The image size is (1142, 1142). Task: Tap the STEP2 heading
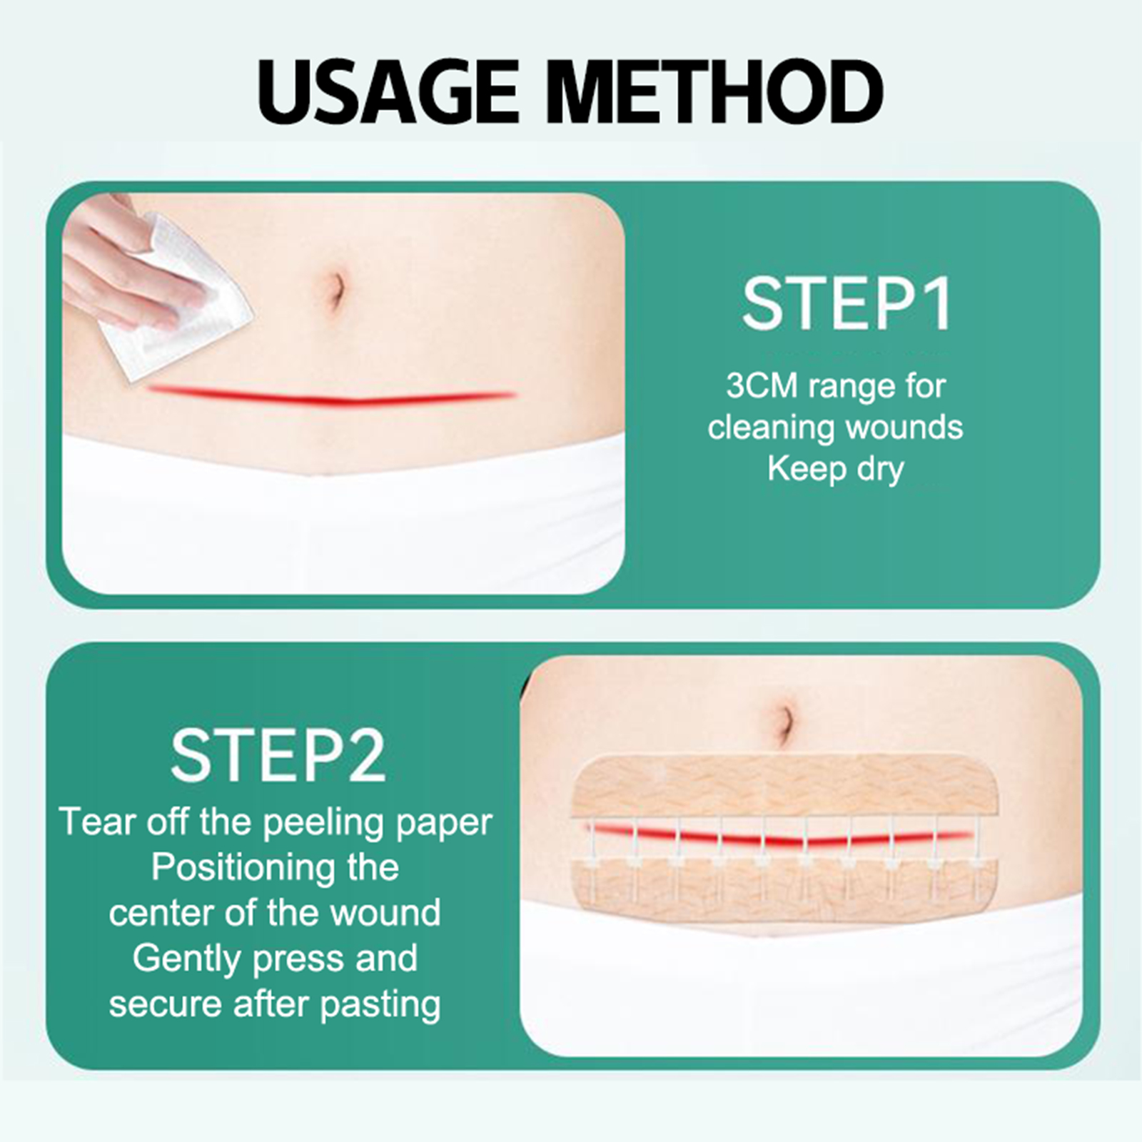click(278, 755)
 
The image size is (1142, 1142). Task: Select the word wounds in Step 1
click(904, 428)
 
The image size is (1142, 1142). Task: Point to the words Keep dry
click(836, 469)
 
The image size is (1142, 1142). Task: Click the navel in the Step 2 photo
click(785, 722)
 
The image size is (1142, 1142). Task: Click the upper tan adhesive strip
click(787, 785)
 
